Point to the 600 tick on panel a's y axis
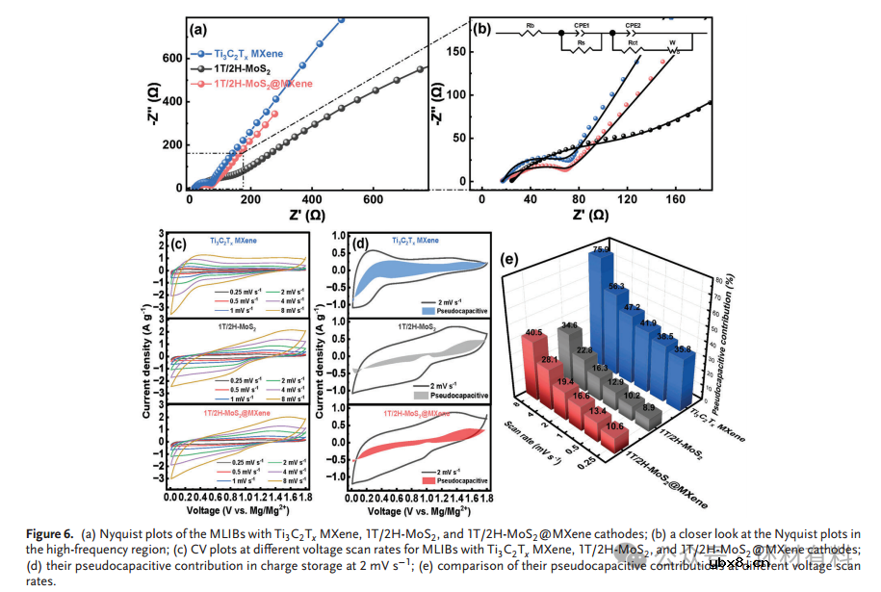[171, 58]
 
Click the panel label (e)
[512, 258]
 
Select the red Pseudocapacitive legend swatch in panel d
[428, 478]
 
